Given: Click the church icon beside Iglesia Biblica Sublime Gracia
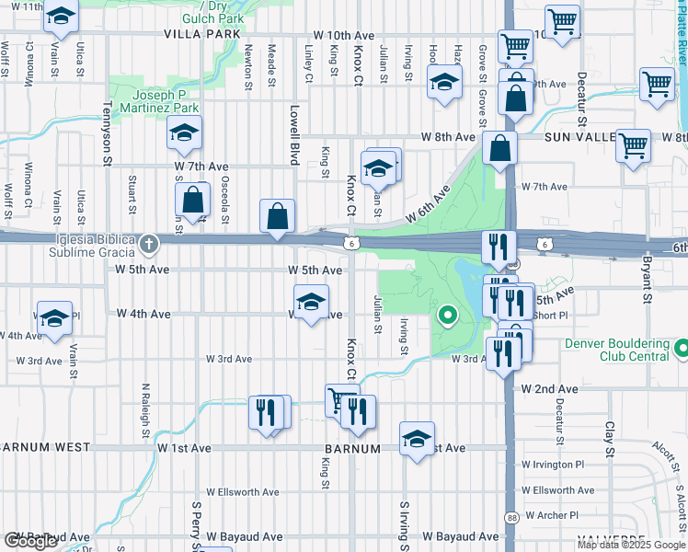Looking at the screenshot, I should [150, 245].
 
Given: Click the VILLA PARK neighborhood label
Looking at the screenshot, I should [201, 34].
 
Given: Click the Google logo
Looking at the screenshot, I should [30, 541].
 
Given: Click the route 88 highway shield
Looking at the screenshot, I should [510, 518].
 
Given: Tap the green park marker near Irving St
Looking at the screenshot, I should [448, 316].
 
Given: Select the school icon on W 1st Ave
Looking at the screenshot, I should [417, 438].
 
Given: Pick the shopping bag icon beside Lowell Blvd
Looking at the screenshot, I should [277, 216].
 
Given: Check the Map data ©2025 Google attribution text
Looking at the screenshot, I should [631, 545].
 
